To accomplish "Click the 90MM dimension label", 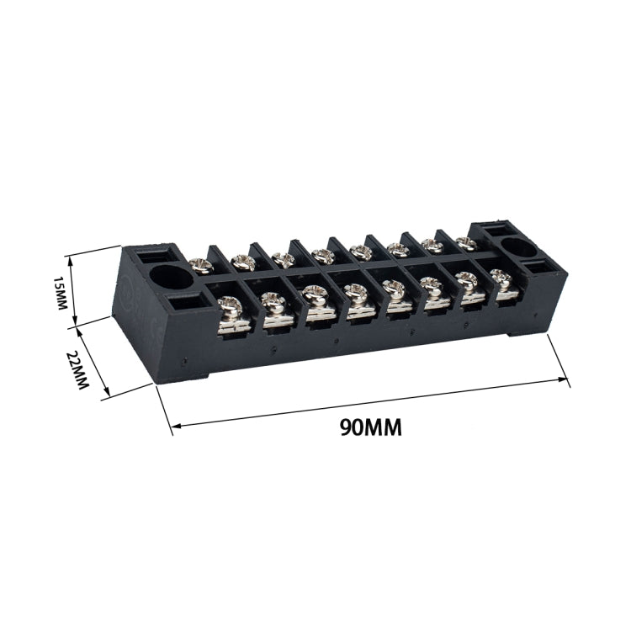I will (x=370, y=427).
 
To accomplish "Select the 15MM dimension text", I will (x=59, y=293).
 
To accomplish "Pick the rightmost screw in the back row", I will (x=467, y=243).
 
